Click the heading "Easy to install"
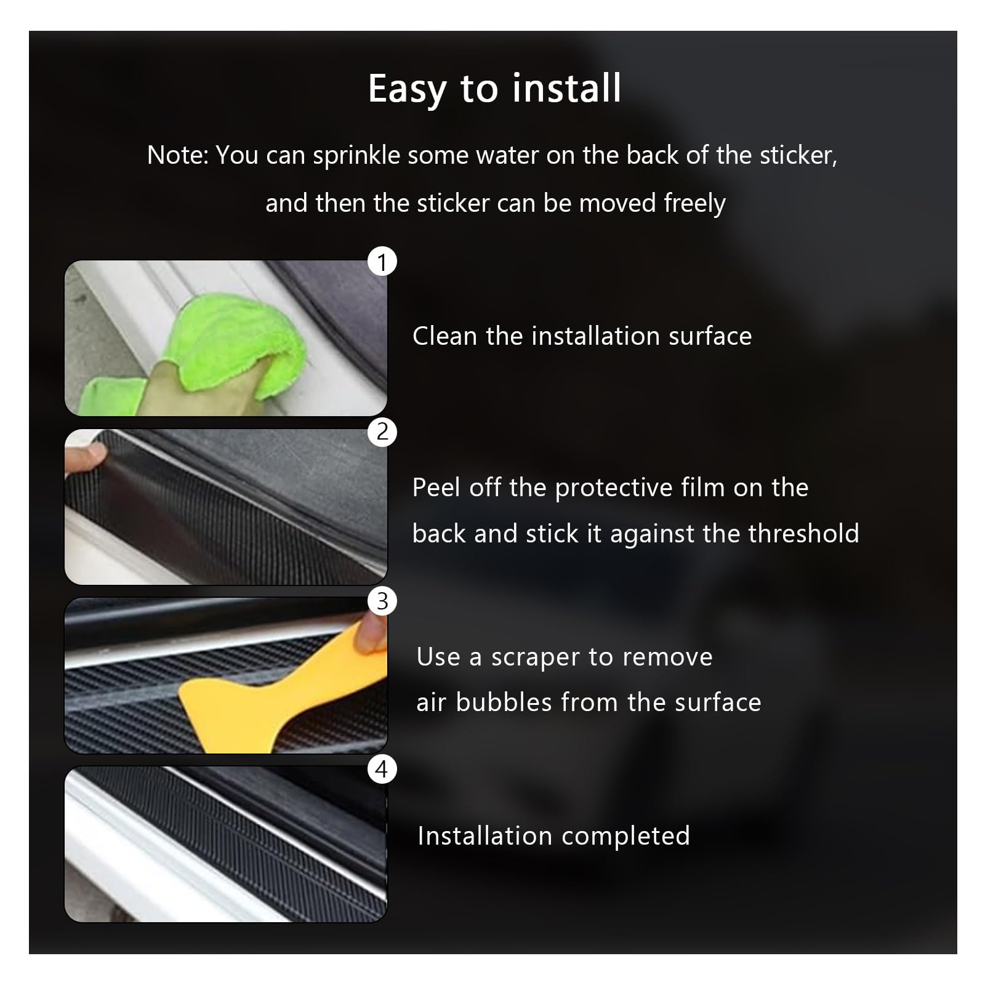(494, 89)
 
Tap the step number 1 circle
(382, 262)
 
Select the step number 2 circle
(382, 432)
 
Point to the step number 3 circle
(382, 601)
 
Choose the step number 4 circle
(382, 770)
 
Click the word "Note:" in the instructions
(178, 156)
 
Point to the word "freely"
(694, 204)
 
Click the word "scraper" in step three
(535, 657)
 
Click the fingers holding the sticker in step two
(86, 454)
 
